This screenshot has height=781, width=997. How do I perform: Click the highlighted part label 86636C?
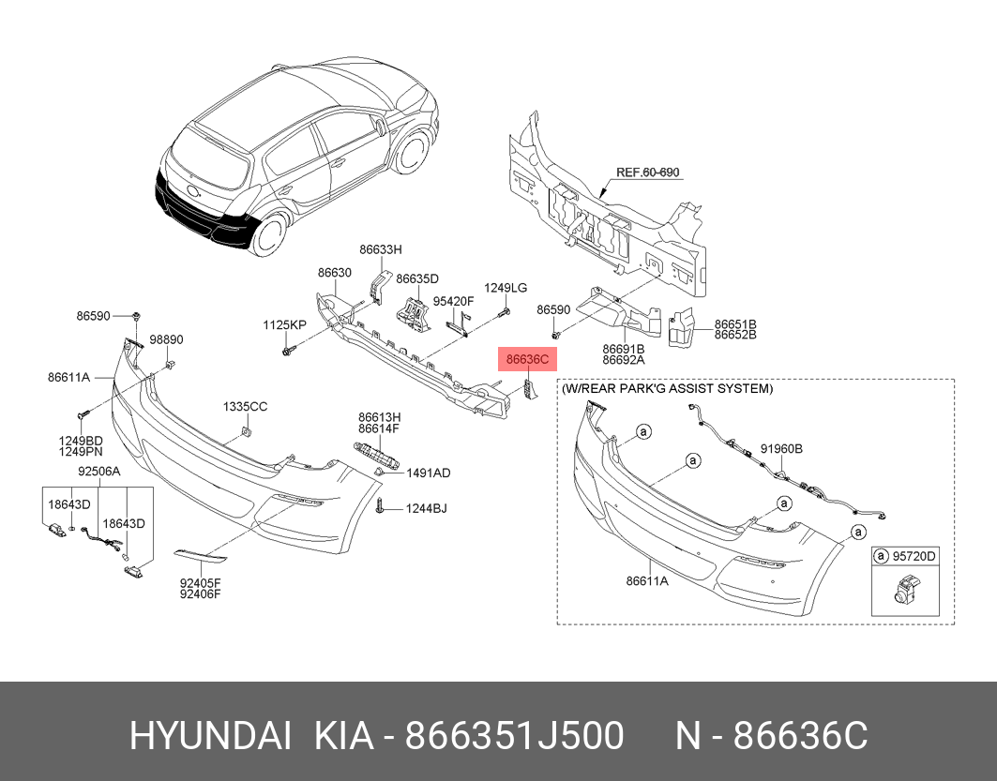point(527,360)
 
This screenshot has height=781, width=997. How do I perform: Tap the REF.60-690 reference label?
point(648,173)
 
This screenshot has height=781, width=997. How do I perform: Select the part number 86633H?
point(381,249)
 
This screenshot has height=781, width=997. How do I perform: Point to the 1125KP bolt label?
point(285,324)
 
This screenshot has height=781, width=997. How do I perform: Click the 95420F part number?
point(453,301)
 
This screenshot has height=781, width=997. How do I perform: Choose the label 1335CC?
point(246,406)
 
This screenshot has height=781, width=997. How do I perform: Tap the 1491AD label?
point(429,473)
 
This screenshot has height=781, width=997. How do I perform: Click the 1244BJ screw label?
point(427,508)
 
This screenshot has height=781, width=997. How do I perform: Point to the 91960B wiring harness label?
point(781,449)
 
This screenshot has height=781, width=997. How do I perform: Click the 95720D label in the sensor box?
point(914,556)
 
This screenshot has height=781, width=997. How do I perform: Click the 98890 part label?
point(166,339)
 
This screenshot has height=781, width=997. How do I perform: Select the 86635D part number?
point(417,278)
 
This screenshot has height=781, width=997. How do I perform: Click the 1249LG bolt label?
point(506,288)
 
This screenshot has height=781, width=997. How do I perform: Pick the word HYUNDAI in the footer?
point(210,737)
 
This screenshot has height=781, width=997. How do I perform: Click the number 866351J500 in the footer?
point(514,737)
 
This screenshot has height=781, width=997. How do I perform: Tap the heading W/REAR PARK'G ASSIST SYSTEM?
point(667,388)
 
